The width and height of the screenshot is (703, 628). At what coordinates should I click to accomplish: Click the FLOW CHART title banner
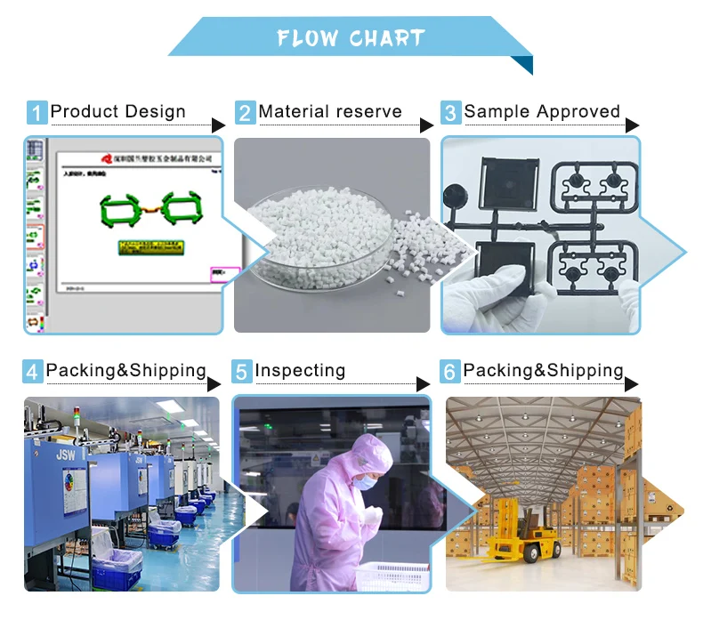tap(350, 38)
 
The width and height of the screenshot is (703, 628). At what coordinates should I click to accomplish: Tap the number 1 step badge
tap(36, 113)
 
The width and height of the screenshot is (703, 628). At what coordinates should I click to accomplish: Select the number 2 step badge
tap(245, 113)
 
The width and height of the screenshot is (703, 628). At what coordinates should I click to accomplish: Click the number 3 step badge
tap(451, 113)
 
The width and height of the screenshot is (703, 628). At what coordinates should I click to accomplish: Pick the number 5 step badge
tap(242, 372)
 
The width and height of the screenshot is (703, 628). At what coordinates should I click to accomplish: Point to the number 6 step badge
tap(450, 372)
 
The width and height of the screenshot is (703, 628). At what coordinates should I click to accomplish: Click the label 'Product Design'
tap(118, 112)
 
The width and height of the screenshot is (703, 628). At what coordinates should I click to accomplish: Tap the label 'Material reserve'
tap(330, 112)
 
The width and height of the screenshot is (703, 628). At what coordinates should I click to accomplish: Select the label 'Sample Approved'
tap(542, 112)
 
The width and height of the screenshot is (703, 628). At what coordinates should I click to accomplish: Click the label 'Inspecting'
tap(300, 371)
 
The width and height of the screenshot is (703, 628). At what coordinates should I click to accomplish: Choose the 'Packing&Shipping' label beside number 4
tap(125, 371)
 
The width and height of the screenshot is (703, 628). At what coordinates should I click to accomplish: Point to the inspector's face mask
tap(364, 481)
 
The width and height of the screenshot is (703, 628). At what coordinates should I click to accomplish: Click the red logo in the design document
tap(106, 158)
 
